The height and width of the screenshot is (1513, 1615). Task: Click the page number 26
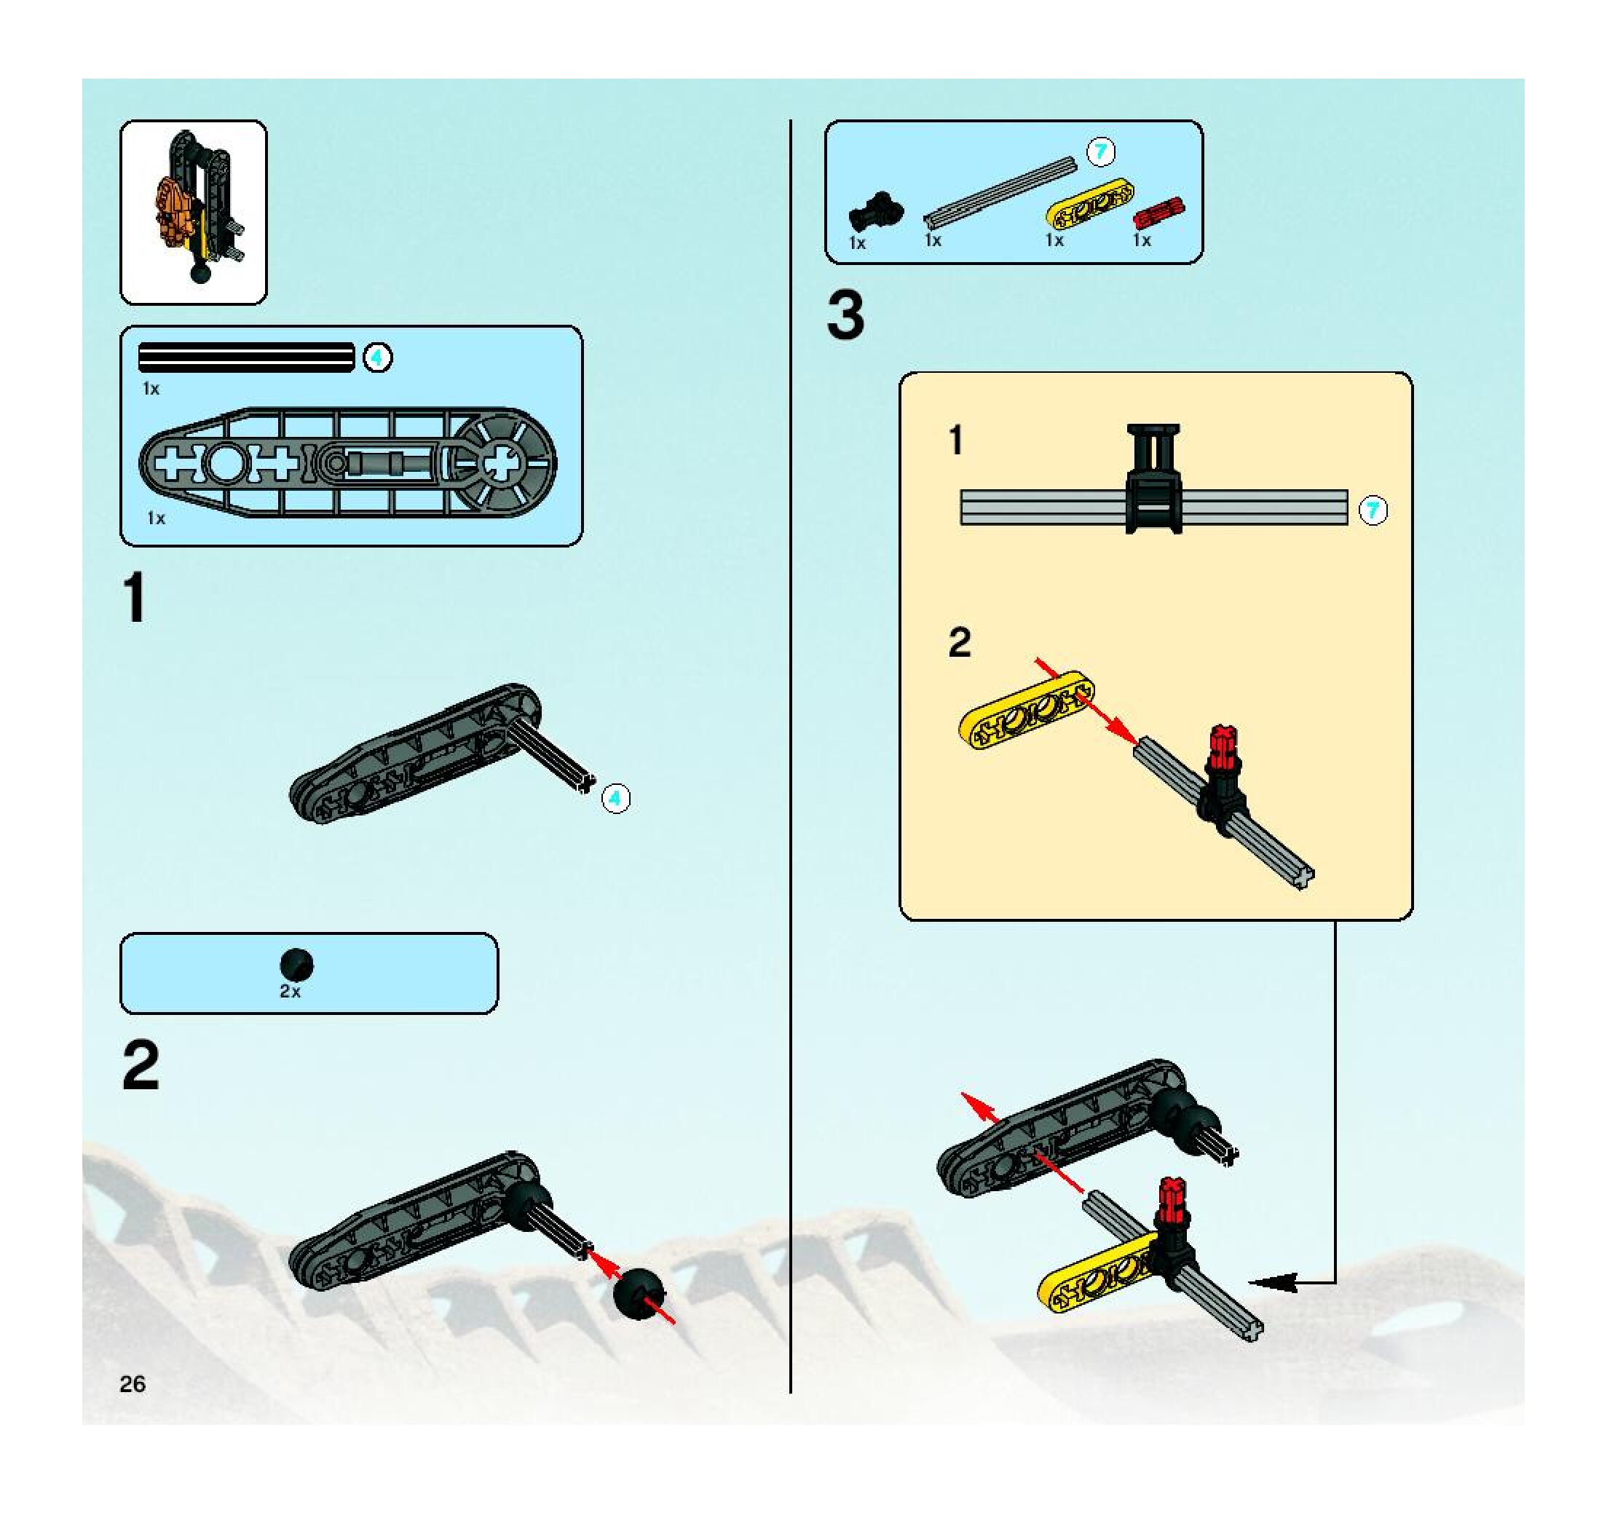click(133, 1384)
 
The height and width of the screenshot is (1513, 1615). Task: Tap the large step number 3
click(845, 317)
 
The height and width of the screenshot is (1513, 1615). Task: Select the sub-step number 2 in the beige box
click(960, 643)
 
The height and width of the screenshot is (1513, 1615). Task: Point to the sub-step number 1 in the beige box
click(956, 441)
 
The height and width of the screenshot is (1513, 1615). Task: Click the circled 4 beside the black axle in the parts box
click(377, 357)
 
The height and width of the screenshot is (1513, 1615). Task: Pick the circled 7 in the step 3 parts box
click(1101, 152)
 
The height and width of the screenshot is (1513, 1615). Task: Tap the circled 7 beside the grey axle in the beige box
click(1373, 511)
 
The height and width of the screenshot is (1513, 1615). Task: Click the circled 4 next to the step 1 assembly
click(616, 798)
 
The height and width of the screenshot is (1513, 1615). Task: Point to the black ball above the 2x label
click(296, 964)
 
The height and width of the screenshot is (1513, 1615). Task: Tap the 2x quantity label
click(290, 992)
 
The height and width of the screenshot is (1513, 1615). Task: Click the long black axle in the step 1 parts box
click(246, 357)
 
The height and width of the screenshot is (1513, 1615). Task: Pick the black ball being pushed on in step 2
click(639, 1293)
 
